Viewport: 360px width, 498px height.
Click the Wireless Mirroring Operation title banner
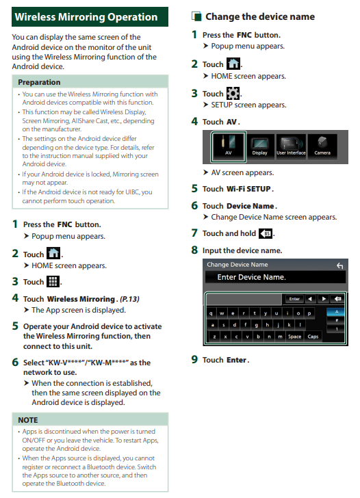90,17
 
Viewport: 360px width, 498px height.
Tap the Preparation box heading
39,82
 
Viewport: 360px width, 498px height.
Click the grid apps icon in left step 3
53,281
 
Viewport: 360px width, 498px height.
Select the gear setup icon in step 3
233,93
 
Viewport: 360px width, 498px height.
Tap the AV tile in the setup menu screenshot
228,146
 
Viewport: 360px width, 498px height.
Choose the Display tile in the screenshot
259,146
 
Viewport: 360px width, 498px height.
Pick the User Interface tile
291,146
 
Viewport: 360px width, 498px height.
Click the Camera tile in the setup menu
322,146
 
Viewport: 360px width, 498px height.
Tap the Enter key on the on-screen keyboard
294,299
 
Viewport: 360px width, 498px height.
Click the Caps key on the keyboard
313,337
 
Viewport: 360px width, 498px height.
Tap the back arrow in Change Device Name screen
339,265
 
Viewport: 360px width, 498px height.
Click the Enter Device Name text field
275,277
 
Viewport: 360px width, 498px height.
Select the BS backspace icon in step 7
266,234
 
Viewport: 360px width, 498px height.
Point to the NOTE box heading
28,420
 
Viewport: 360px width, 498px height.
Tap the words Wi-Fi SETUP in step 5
248,189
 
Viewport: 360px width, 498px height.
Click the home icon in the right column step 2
233,64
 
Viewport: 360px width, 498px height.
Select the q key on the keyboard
211,313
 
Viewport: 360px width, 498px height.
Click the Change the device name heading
260,16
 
